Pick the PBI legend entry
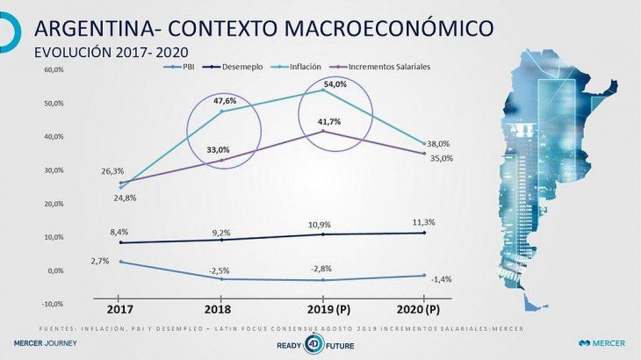[182, 66]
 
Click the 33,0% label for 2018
[218, 150]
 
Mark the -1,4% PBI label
[442, 278]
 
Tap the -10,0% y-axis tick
[52, 304]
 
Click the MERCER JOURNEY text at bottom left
[39, 343]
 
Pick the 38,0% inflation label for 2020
[438, 144]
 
